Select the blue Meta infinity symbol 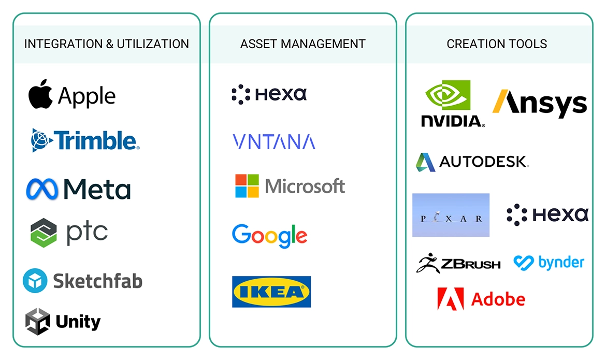(x=42, y=189)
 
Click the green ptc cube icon (x=44, y=233)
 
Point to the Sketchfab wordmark (x=98, y=281)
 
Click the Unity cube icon (x=37, y=321)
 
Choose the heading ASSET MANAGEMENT (x=303, y=44)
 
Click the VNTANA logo (x=273, y=141)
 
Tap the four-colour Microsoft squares (x=247, y=186)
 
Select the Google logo (x=270, y=236)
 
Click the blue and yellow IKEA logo (x=271, y=292)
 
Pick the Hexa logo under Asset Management (x=269, y=94)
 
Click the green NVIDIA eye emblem (x=448, y=95)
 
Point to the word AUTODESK (x=484, y=162)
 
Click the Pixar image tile (x=451, y=215)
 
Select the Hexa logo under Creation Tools (x=547, y=214)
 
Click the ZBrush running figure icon (x=428, y=263)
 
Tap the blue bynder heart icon (x=524, y=263)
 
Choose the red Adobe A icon (x=451, y=299)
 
